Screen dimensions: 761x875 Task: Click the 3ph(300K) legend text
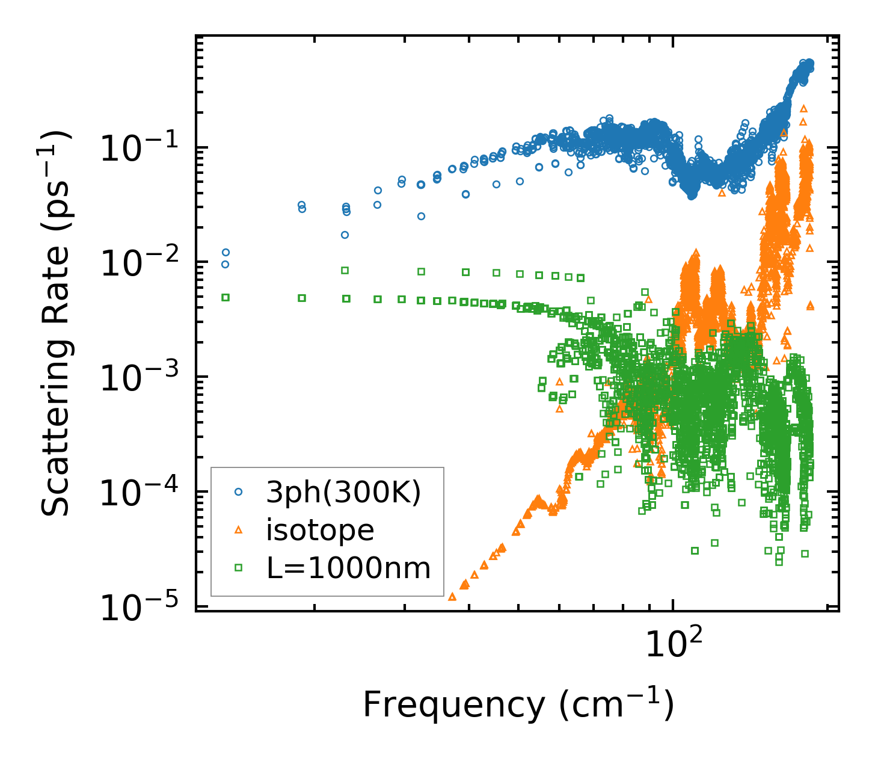click(343, 492)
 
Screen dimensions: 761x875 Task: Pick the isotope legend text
click(320, 530)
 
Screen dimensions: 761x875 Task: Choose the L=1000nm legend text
click(348, 568)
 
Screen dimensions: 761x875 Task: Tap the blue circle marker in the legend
click(238, 492)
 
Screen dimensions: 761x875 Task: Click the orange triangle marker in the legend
click(238, 530)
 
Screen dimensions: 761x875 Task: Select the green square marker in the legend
click(238, 568)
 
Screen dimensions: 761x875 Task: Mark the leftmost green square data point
click(226, 297)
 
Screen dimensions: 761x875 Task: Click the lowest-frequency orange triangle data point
click(452, 597)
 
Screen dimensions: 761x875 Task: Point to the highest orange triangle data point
click(803, 108)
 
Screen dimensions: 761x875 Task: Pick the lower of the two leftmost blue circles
click(226, 264)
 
